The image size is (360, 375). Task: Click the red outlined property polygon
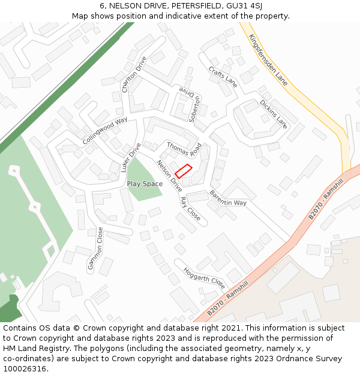184,170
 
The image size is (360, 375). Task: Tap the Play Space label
145,184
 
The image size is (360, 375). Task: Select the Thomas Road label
184,148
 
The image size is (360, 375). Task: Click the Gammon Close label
95,250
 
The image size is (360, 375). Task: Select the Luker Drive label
130,157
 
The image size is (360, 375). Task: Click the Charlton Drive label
134,74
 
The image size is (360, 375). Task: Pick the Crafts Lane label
223,77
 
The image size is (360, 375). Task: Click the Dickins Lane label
274,114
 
